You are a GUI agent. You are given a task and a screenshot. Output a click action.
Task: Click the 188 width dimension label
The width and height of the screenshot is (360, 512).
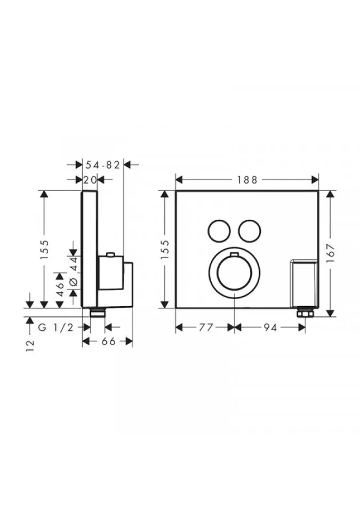coord(247,180)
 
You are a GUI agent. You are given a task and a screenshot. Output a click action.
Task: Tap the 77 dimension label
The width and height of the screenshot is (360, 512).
coord(206,327)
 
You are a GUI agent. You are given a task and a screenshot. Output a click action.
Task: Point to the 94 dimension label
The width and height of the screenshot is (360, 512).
coord(270,327)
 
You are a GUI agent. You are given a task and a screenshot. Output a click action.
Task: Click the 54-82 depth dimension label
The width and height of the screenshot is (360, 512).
coord(103,165)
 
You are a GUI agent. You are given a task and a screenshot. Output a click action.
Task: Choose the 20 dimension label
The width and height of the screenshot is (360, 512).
coord(90,180)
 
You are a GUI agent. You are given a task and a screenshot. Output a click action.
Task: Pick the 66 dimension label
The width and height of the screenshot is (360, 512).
coord(108,341)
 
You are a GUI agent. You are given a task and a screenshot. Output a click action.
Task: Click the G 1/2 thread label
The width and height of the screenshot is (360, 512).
coord(56,327)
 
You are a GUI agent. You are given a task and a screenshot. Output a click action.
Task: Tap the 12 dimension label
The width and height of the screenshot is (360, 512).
coord(30,346)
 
